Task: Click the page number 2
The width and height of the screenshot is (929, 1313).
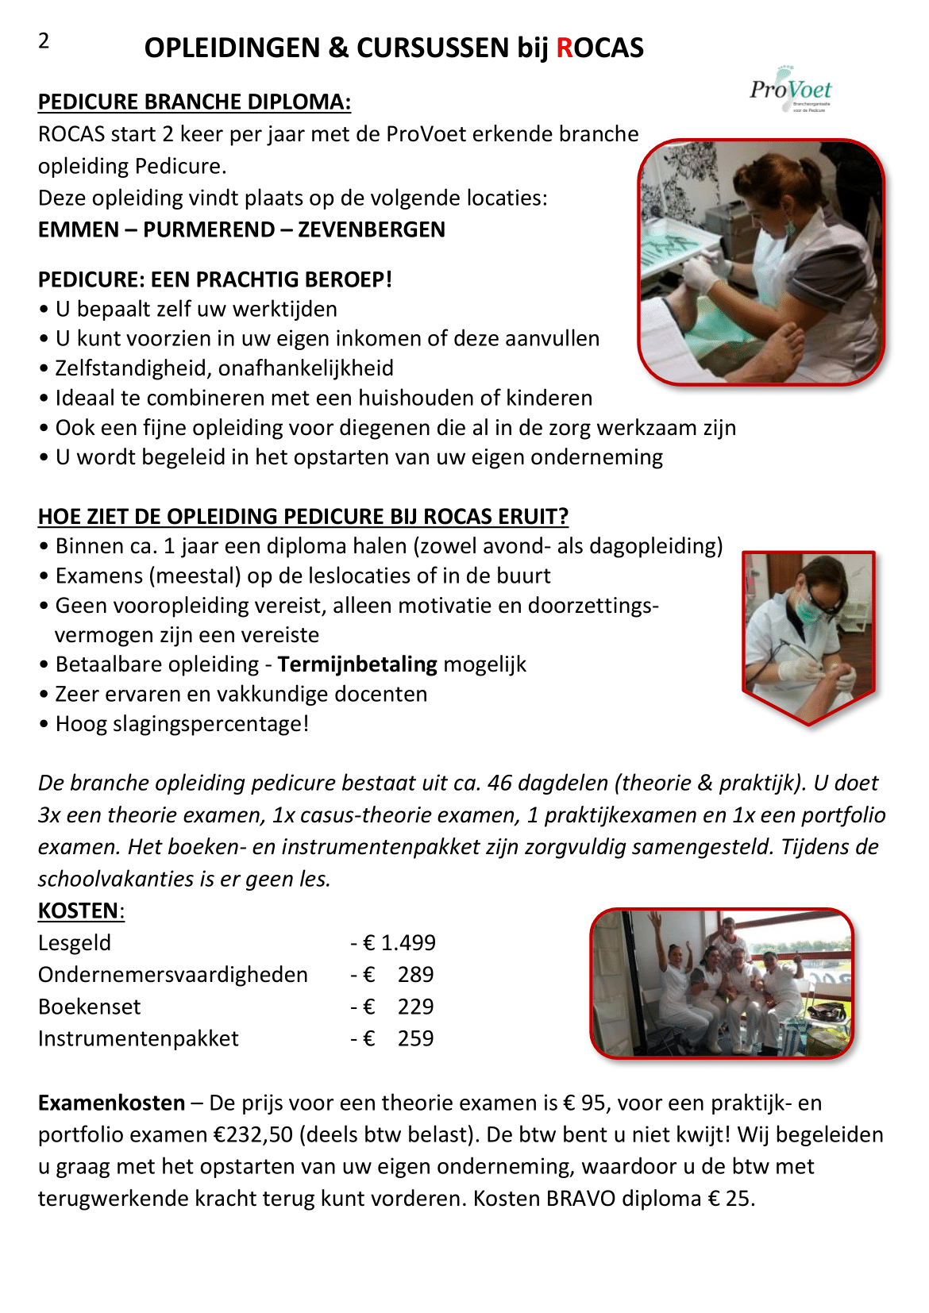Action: (44, 40)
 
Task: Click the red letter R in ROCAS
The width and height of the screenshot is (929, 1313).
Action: (565, 48)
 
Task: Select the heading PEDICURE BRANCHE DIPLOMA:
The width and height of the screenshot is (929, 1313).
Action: (195, 102)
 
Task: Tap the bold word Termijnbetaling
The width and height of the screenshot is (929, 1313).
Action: (357, 664)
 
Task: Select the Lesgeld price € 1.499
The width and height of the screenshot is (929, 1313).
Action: (399, 943)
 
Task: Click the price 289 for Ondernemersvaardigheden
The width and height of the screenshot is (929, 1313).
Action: (415, 975)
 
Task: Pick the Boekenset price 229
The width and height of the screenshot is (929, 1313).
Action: (415, 1007)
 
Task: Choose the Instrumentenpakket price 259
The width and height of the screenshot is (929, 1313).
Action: (415, 1038)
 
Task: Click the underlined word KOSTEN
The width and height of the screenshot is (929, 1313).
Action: (79, 911)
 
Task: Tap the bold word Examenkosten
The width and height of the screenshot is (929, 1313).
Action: (112, 1103)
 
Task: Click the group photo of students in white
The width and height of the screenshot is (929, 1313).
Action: (721, 983)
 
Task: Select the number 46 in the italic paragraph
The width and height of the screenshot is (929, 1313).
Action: (500, 784)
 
